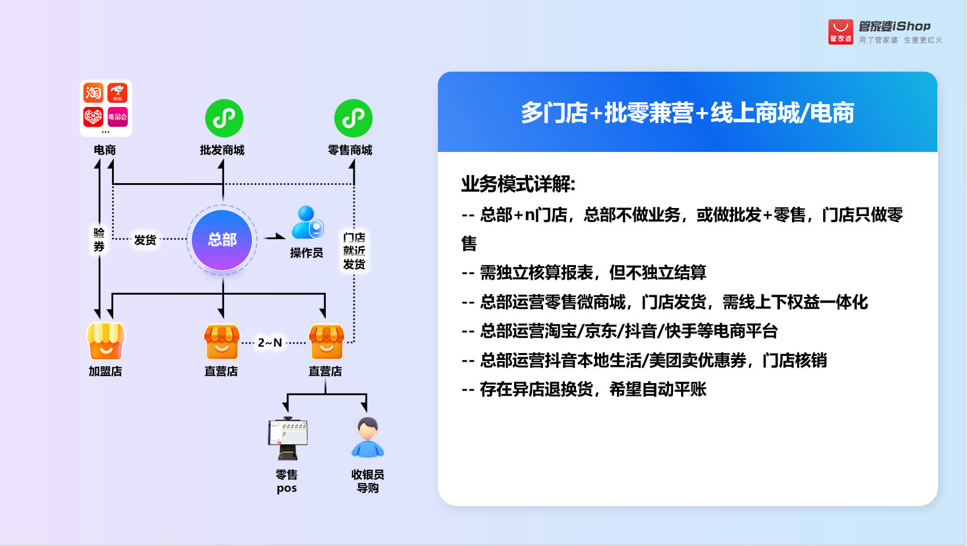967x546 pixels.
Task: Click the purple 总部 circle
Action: click(x=222, y=240)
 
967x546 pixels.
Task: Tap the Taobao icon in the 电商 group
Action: click(x=93, y=92)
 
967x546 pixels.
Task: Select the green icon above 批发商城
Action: click(x=224, y=118)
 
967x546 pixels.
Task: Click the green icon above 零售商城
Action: click(x=353, y=118)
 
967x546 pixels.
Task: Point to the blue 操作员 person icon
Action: click(x=307, y=222)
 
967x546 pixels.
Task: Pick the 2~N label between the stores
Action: click(x=270, y=343)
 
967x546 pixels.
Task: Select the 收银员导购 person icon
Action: click(x=367, y=437)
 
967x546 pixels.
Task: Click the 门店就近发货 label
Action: click(x=354, y=251)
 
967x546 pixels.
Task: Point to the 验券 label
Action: click(x=99, y=240)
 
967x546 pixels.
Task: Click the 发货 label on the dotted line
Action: click(x=145, y=240)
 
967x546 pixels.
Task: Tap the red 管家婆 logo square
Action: click(x=840, y=32)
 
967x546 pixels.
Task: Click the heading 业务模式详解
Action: click(x=518, y=184)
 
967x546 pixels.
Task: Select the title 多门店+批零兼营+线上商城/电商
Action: click(x=687, y=113)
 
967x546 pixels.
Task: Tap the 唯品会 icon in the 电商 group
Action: click(x=117, y=117)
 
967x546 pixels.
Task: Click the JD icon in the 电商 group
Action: click(x=117, y=92)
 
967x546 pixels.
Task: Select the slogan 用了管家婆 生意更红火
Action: click(x=901, y=40)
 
